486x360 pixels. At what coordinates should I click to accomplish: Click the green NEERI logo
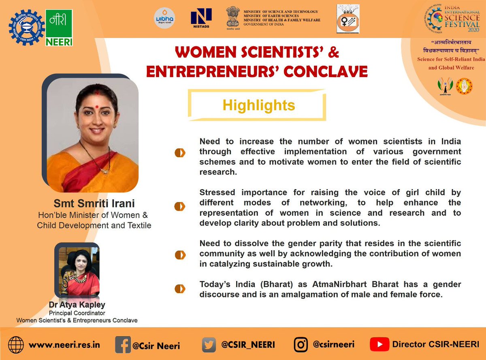coord(59,28)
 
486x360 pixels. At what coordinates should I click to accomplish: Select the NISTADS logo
coord(201,19)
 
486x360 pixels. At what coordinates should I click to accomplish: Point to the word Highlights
coord(258,105)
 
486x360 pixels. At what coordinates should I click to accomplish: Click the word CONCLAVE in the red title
coord(325,71)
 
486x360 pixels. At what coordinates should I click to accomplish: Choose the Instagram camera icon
coord(301,345)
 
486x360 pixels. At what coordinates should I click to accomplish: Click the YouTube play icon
coord(379,345)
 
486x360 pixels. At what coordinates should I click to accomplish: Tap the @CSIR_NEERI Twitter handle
coord(248,345)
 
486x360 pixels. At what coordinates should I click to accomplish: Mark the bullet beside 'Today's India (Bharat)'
coord(180,289)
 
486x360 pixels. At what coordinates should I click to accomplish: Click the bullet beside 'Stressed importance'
coord(180,207)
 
